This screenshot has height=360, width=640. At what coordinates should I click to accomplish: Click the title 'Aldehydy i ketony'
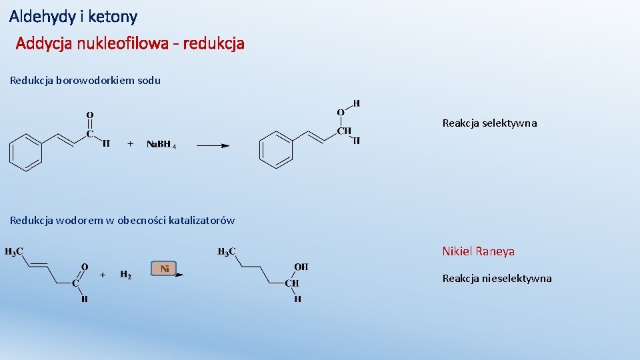tap(73, 16)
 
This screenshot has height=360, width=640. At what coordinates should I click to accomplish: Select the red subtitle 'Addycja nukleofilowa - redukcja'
tap(130, 44)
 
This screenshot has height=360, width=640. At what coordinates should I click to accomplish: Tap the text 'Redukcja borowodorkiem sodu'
tap(85, 81)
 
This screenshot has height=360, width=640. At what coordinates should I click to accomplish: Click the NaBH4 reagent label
tap(161, 144)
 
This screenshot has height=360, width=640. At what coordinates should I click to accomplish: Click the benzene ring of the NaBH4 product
tap(276, 149)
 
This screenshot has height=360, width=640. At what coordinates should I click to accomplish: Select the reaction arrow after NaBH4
tap(213, 145)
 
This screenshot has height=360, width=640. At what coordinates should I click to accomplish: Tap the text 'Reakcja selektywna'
tap(489, 123)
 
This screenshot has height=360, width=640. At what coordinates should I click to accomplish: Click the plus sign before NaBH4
tap(130, 143)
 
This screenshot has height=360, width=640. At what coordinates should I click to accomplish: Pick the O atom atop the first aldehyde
tap(90, 116)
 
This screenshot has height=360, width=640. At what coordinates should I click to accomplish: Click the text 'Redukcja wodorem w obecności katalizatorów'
tap(122, 221)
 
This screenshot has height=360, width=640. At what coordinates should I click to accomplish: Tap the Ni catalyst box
tap(164, 268)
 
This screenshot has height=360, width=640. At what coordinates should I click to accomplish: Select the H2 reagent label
tap(125, 274)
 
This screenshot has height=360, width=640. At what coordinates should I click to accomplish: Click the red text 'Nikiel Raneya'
tap(478, 251)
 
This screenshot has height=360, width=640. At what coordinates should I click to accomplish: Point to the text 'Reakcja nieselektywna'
tap(497, 279)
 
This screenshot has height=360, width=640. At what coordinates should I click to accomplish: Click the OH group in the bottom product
tap(301, 267)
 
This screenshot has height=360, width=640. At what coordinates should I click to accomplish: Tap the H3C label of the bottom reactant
tap(15, 251)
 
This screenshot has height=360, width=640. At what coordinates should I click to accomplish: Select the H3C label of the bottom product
tap(227, 251)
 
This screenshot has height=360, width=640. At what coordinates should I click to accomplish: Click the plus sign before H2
tap(103, 274)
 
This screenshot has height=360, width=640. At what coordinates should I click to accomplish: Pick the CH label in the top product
tap(344, 131)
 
